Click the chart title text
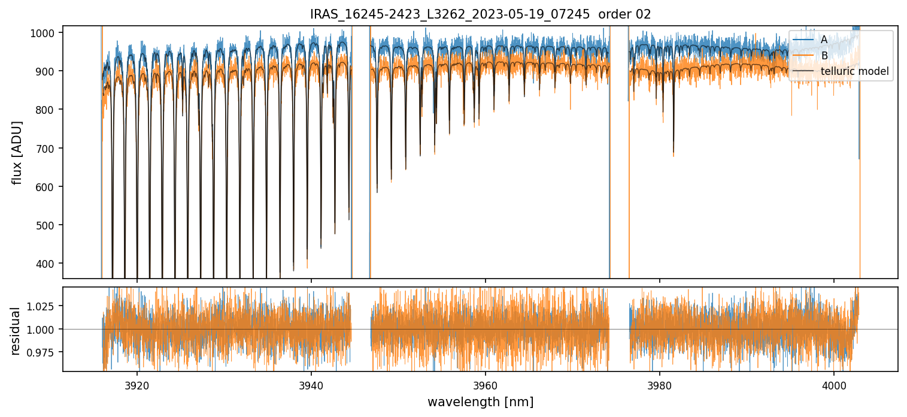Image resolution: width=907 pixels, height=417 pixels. [480, 14]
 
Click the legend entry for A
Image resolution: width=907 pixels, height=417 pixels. [824, 40]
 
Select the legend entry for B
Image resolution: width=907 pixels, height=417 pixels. [824, 56]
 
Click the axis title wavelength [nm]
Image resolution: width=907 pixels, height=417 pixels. [480, 401]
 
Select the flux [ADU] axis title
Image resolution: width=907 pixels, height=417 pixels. [17, 152]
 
